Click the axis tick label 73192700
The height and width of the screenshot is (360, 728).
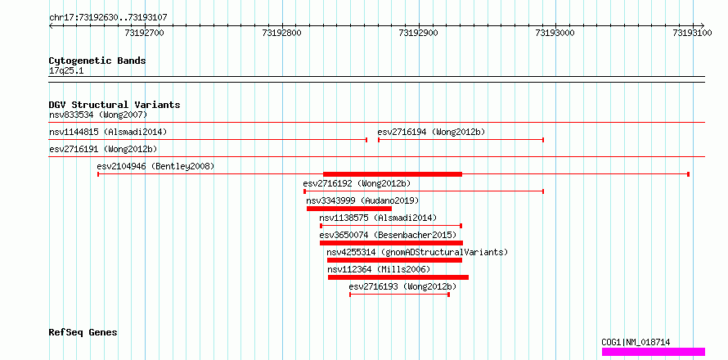pyautogui.click(x=145, y=33)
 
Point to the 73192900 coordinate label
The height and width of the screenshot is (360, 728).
pyautogui.click(x=418, y=33)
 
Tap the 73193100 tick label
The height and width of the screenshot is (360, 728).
pyautogui.click(x=692, y=33)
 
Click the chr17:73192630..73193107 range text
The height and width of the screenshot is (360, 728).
pyautogui.click(x=108, y=18)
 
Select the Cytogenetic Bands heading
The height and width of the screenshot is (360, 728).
pyautogui.click(x=97, y=61)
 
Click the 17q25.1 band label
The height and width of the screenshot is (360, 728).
pyautogui.click(x=66, y=71)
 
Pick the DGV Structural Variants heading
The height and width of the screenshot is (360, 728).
pyautogui.click(x=115, y=105)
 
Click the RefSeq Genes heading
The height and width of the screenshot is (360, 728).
pyautogui.click(x=83, y=333)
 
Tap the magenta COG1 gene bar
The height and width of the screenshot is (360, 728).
pyautogui.click(x=654, y=352)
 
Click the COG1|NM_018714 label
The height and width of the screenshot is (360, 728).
pyautogui.click(x=636, y=342)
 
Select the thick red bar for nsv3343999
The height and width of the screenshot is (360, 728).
pyautogui.click(x=349, y=209)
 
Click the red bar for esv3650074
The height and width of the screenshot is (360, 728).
pyautogui.click(x=391, y=243)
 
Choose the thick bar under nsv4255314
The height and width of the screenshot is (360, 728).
pyautogui.click(x=394, y=260)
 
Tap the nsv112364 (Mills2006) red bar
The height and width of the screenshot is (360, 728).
pyautogui.click(x=398, y=277)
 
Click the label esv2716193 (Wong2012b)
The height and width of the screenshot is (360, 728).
pyautogui.click(x=402, y=286)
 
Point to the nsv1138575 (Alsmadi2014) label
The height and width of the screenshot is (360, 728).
pyautogui.click(x=378, y=218)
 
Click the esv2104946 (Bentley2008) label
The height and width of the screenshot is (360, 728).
pyautogui.click(x=155, y=166)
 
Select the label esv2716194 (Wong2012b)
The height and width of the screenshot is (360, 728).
pyautogui.click(x=431, y=132)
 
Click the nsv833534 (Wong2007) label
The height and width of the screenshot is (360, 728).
pyautogui.click(x=98, y=115)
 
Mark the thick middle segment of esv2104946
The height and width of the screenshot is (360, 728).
pyautogui.click(x=393, y=174)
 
